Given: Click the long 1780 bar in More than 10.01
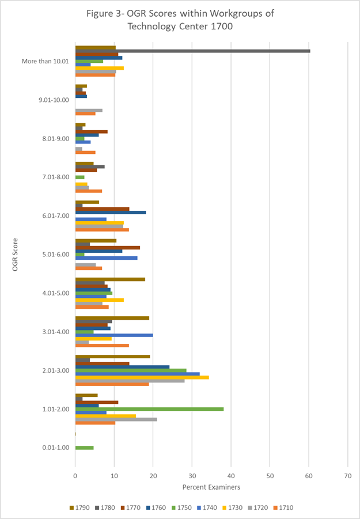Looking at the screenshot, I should tap(193, 51).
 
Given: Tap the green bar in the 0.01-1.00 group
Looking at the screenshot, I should tap(84, 448).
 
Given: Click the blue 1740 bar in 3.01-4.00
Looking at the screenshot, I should tap(114, 335).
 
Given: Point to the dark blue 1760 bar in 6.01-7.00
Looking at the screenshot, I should tap(111, 213).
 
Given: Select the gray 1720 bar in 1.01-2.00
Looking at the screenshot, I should tap(116, 419).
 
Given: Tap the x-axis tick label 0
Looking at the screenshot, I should tap(75, 476).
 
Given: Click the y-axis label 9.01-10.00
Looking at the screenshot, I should tap(54, 100).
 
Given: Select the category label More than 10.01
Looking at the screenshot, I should tap(46, 61).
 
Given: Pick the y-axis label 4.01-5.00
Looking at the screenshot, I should tap(54, 293).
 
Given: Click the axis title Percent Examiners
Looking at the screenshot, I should tap(211, 488).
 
